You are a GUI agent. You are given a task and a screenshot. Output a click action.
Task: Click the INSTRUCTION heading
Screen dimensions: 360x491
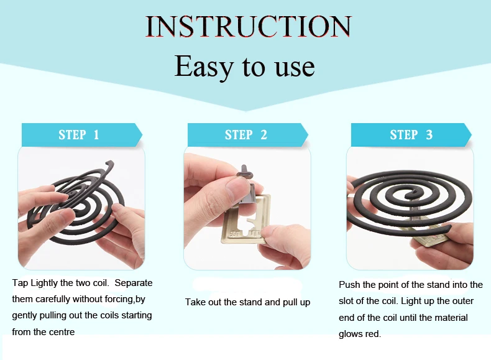click(x=248, y=27)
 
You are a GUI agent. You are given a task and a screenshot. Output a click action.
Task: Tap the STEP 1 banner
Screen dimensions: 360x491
click(x=79, y=135)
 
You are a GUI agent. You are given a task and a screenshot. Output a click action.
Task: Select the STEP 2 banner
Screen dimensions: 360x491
click(x=246, y=135)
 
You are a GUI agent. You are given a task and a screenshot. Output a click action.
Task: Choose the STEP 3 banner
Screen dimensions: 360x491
click(x=411, y=135)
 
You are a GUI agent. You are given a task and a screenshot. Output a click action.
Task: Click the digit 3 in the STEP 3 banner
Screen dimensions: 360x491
click(x=429, y=135)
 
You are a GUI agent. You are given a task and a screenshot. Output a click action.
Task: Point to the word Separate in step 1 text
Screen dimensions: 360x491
click(x=134, y=283)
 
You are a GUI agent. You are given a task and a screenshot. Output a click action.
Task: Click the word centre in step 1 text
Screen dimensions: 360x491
click(x=62, y=332)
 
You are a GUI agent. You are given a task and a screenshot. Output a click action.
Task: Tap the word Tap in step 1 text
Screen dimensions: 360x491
click(x=20, y=283)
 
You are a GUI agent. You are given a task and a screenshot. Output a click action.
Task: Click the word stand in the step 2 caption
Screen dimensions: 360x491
click(x=250, y=302)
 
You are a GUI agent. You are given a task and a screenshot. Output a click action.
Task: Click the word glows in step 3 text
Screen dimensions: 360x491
click(x=350, y=334)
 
